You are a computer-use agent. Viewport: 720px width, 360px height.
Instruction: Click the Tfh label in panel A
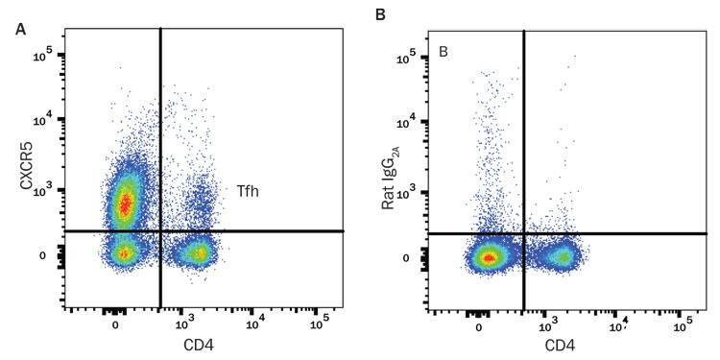click(250, 192)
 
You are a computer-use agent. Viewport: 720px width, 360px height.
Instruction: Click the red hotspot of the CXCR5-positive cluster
click(123, 203)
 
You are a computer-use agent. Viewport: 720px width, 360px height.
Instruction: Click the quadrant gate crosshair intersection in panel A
click(160, 230)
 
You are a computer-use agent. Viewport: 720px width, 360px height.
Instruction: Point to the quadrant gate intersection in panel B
click(523, 233)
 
